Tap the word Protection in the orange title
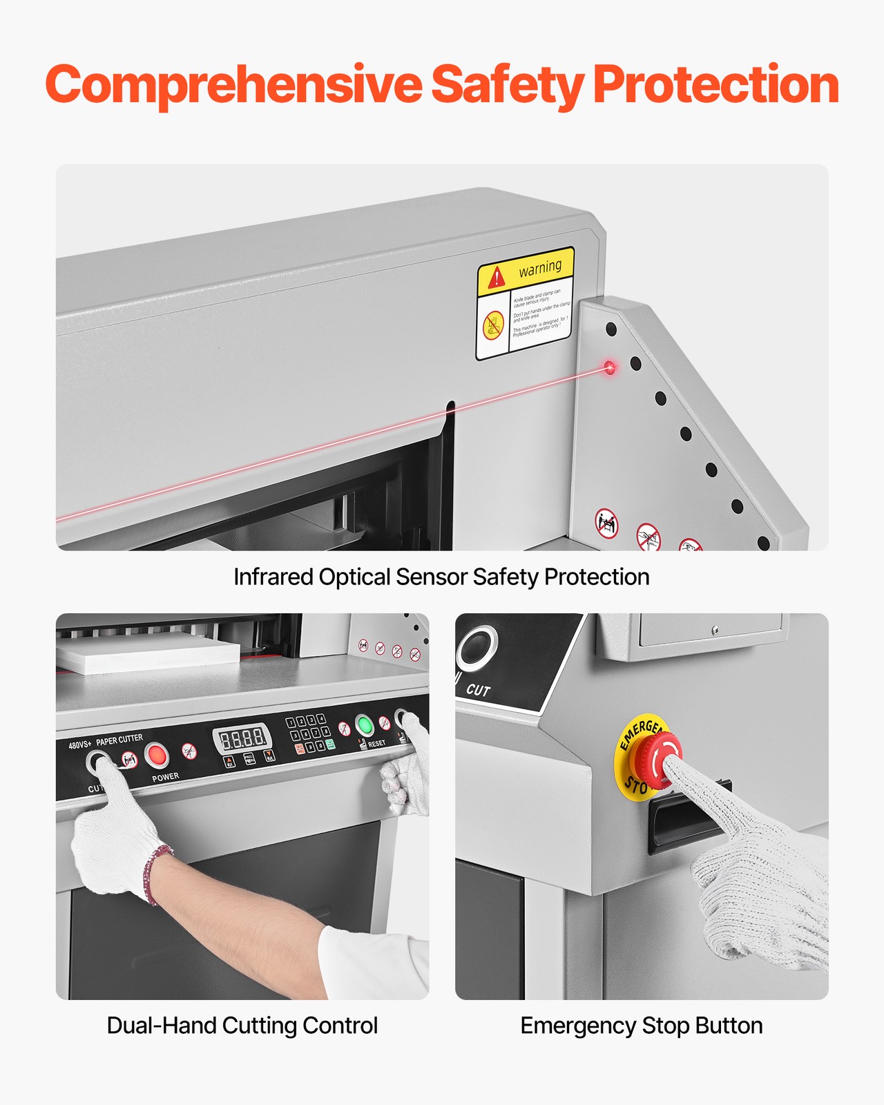715,85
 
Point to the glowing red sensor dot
609,367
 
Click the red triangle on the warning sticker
496,278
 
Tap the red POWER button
157,755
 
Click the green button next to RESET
364,725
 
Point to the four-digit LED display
242,739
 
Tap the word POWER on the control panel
166,777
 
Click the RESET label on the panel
376,744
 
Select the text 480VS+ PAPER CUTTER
106,742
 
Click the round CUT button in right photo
476,647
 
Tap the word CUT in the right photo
478,689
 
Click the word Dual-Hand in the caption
160,1026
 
